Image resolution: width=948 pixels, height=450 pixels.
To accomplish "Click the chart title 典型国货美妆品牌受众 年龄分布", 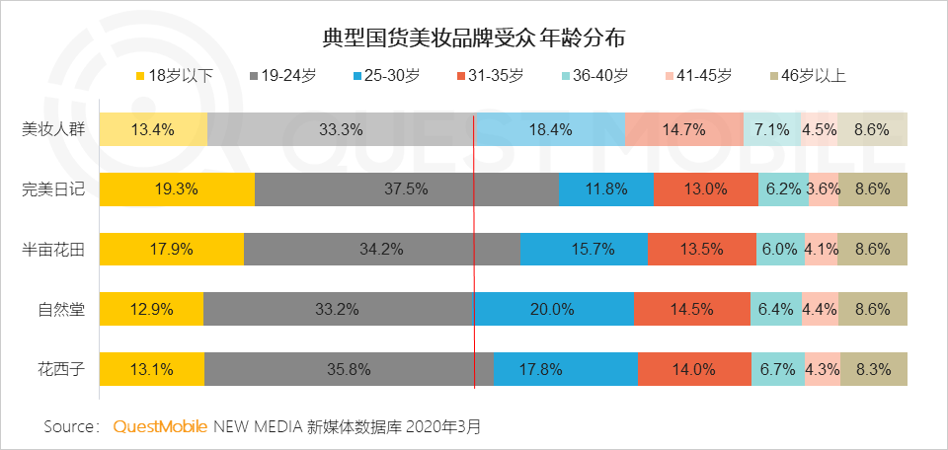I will (x=473, y=38).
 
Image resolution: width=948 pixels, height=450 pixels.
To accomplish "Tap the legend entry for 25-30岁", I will (x=387, y=76).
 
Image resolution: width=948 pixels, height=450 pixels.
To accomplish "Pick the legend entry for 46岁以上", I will (x=807, y=76).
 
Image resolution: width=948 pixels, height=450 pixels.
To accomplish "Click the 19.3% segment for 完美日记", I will (x=178, y=188).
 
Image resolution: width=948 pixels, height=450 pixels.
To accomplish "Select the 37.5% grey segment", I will (x=406, y=188).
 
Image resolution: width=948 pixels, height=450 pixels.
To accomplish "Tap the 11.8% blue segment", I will (x=605, y=188).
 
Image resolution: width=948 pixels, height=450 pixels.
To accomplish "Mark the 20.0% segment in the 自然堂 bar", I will (x=553, y=309).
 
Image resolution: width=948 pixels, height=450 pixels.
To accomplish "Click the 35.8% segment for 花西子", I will (x=348, y=370).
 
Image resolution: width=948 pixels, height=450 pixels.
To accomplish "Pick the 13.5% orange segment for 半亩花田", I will (x=701, y=249).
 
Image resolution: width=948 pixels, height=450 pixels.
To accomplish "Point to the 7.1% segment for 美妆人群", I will (x=771, y=128).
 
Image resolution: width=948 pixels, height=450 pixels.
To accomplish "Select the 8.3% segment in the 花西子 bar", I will (x=873, y=370).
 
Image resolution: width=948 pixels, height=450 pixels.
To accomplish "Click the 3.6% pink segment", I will (x=823, y=188).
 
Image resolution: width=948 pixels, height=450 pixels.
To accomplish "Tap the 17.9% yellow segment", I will (x=172, y=249).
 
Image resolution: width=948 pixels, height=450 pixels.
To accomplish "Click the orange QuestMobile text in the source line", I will (x=160, y=427).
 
